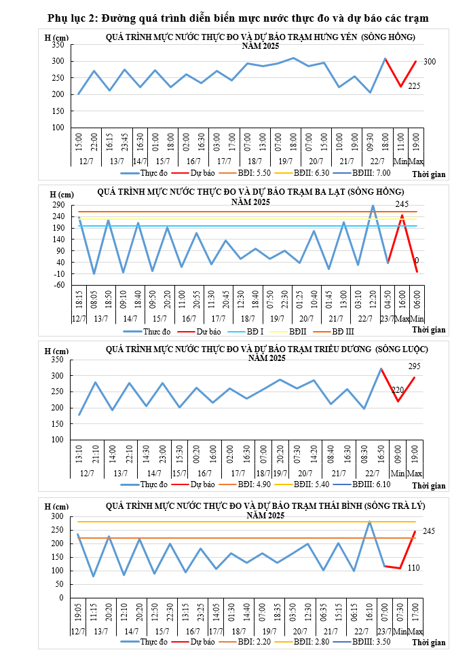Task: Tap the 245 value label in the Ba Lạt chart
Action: [402, 204]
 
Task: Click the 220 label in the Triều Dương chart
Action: [398, 390]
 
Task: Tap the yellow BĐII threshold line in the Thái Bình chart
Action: [238, 522]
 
